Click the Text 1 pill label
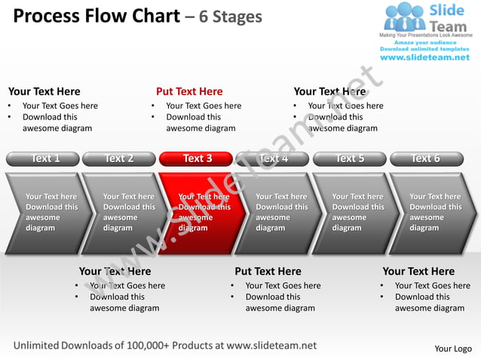coord(43,158)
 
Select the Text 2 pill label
coord(118,158)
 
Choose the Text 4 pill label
coord(273,158)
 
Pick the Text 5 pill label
coord(350,158)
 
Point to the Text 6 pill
coord(426,158)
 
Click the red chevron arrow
coord(200,213)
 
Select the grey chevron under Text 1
coord(45,213)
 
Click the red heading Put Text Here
coord(189,92)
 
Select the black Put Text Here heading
coord(268,271)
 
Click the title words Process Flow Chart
coord(97,16)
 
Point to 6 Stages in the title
coord(230,17)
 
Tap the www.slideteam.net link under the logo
coord(424,58)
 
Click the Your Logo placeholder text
coord(453,349)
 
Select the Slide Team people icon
coord(405,17)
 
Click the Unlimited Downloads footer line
coord(165,346)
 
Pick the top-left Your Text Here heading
coord(44,92)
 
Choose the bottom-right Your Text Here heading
coord(418,271)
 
